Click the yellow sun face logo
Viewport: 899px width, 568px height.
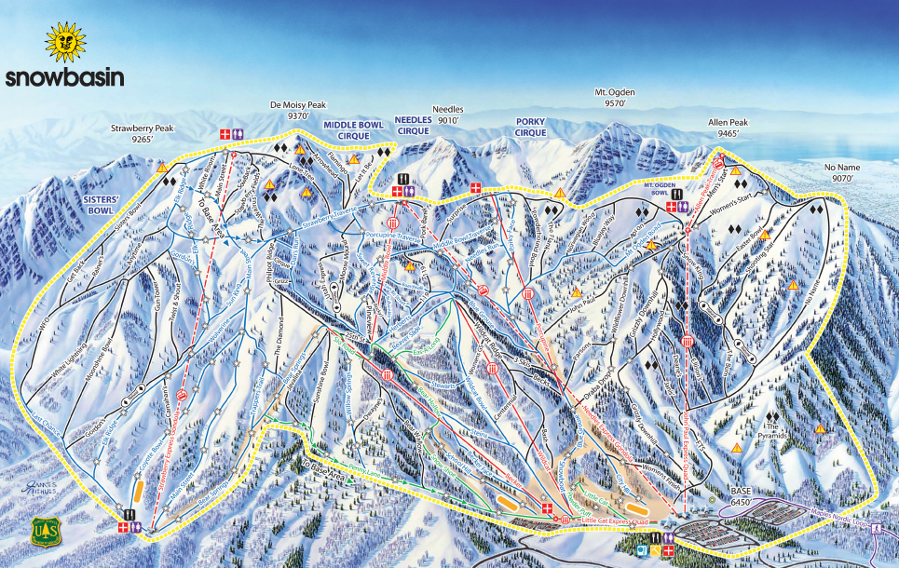pos(64,42)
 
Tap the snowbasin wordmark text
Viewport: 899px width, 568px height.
pos(64,78)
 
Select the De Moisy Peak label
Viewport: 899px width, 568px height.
pos(297,111)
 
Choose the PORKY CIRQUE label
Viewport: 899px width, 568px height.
pos(530,127)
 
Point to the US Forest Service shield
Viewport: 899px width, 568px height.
pos(46,532)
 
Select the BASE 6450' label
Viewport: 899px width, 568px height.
pos(741,495)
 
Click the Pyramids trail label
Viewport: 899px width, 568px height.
pos(773,436)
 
